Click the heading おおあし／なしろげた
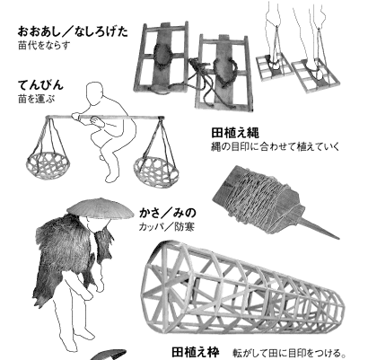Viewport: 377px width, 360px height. coord(73,31)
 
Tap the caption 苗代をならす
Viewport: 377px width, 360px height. coord(44,46)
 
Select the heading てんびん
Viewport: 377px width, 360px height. coord(40,85)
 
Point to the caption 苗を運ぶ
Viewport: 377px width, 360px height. coord(37,99)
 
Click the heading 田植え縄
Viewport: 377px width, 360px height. coord(235,133)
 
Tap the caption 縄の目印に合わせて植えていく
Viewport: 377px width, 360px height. coord(276,147)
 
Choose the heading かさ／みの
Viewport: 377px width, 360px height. coord(168,213)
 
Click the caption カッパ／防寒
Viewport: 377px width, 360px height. coord(167,227)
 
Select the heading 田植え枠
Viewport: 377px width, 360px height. coord(196,352)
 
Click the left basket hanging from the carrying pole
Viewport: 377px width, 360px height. coord(48,165)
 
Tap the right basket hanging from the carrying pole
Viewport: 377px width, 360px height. coord(156,171)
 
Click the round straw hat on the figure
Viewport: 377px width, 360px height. coord(101,208)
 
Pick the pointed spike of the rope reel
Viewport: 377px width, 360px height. coord(319,229)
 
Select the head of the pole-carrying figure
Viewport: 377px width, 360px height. coord(94,93)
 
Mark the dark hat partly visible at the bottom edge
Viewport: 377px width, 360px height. coord(109,355)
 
